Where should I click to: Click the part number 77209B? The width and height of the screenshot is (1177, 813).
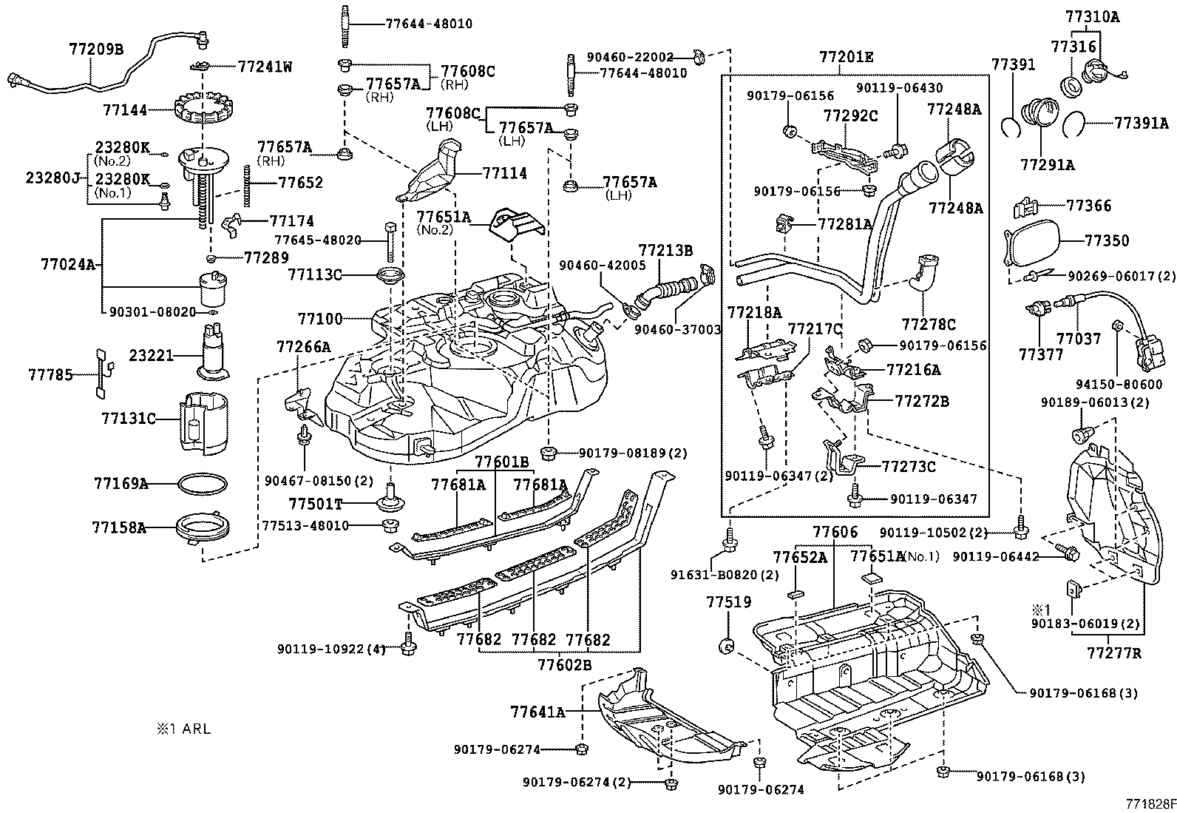[96, 50]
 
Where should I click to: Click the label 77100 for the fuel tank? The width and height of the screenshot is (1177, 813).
[320, 320]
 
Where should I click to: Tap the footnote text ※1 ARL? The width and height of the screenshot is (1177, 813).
[183, 729]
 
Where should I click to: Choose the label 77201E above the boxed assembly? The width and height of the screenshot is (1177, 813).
[846, 57]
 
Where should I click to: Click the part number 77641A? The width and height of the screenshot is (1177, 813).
[537, 712]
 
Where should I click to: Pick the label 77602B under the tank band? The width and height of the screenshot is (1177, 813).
[565, 665]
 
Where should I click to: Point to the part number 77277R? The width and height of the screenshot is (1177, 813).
[1113, 652]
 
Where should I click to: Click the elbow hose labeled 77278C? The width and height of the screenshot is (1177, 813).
[923, 274]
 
